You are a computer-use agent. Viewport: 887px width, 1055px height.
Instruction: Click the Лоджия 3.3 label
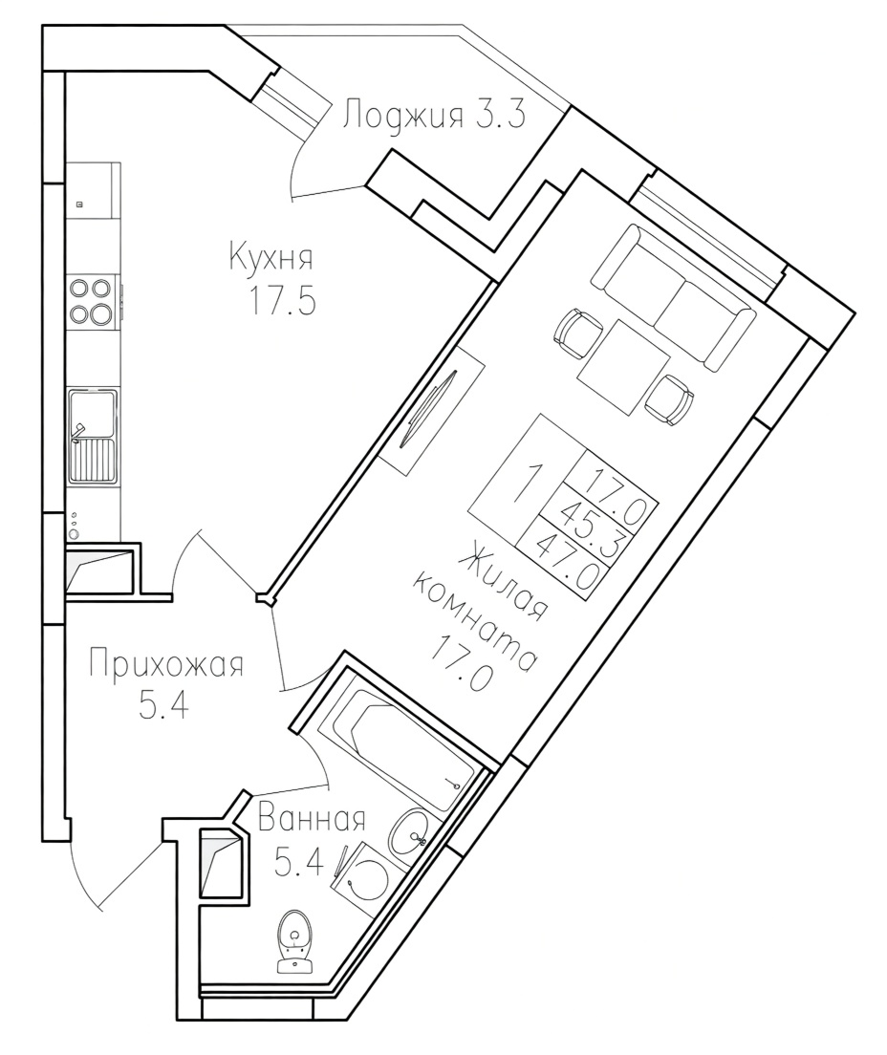pyautogui.click(x=433, y=115)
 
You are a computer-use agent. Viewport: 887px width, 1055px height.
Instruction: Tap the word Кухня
pyautogui.click(x=271, y=257)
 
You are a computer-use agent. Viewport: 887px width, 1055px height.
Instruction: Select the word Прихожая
pyautogui.click(x=165, y=665)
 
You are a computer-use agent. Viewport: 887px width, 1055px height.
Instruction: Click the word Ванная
pyautogui.click(x=312, y=820)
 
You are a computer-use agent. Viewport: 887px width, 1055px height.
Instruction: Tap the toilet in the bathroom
pyautogui.click(x=297, y=940)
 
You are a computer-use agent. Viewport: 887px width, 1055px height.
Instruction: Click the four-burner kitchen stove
pyautogui.click(x=91, y=301)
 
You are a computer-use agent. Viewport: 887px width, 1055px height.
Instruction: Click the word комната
pyautogui.click(x=475, y=620)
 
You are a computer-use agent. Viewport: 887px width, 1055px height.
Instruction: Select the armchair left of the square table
pyautogui.click(x=578, y=334)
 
